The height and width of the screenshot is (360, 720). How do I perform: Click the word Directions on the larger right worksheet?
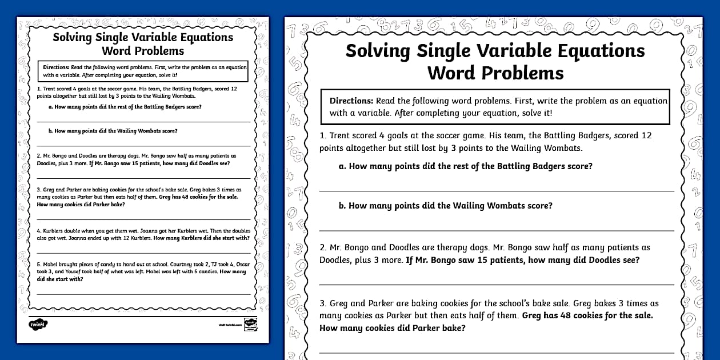tap(351, 101)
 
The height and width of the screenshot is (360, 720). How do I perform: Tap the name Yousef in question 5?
tap(73, 272)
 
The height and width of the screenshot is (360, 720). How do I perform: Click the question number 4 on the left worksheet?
tap(38, 231)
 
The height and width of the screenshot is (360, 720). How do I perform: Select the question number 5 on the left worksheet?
tap(38, 264)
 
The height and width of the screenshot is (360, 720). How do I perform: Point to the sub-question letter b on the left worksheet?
tap(50, 131)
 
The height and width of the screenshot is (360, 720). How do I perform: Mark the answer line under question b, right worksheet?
tap(496, 231)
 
